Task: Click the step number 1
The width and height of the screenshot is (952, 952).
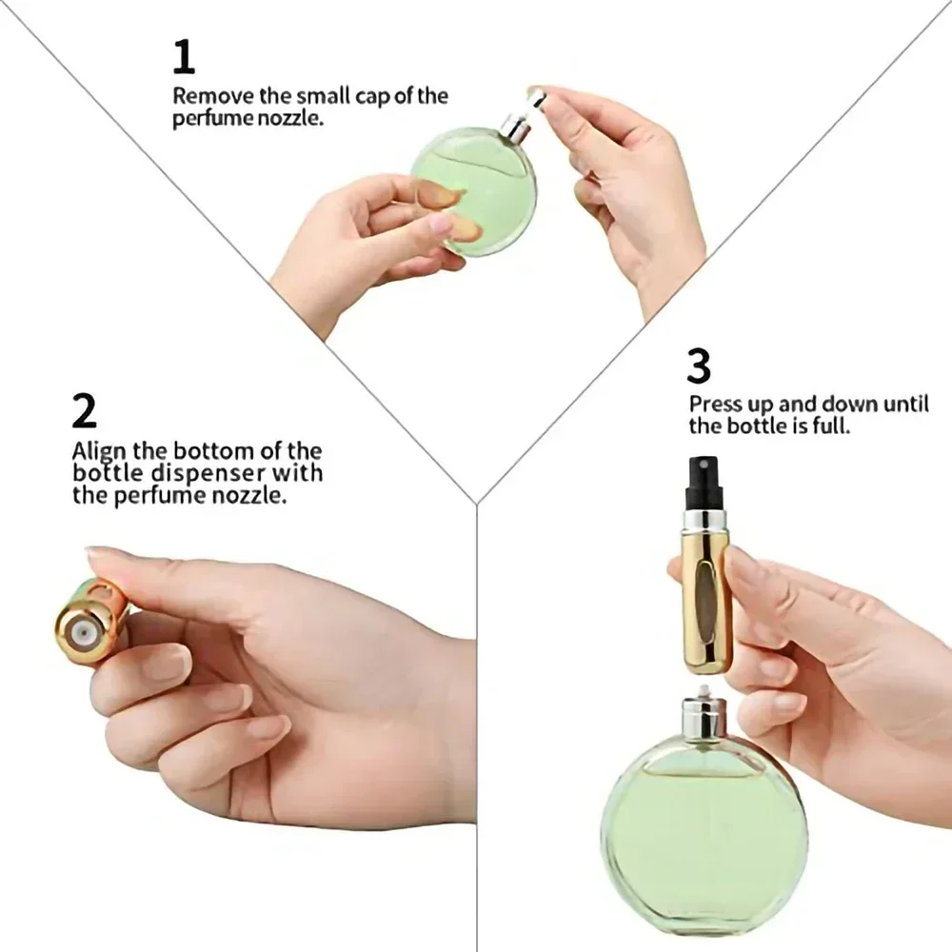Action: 183,57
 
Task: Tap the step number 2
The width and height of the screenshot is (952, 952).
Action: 84,411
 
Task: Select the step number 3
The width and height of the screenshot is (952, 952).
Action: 699,367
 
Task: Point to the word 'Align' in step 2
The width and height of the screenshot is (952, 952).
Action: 99,450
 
